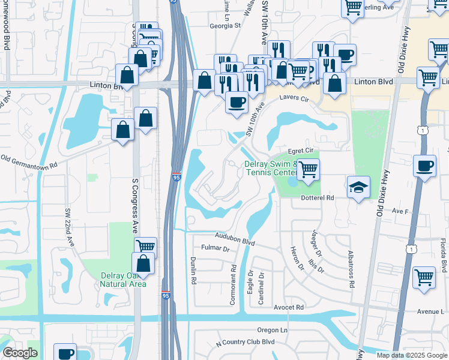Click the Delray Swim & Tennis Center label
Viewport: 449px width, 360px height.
270,169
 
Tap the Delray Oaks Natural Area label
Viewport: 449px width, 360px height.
122,280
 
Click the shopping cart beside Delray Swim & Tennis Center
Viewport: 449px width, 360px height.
308,170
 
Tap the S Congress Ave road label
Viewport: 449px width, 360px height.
134,202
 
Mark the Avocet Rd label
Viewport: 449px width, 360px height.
289,307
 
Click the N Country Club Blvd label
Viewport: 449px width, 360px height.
244,342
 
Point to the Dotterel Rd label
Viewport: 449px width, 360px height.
316,197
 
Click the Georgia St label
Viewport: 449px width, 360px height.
224,26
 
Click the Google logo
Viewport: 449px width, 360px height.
20,353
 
